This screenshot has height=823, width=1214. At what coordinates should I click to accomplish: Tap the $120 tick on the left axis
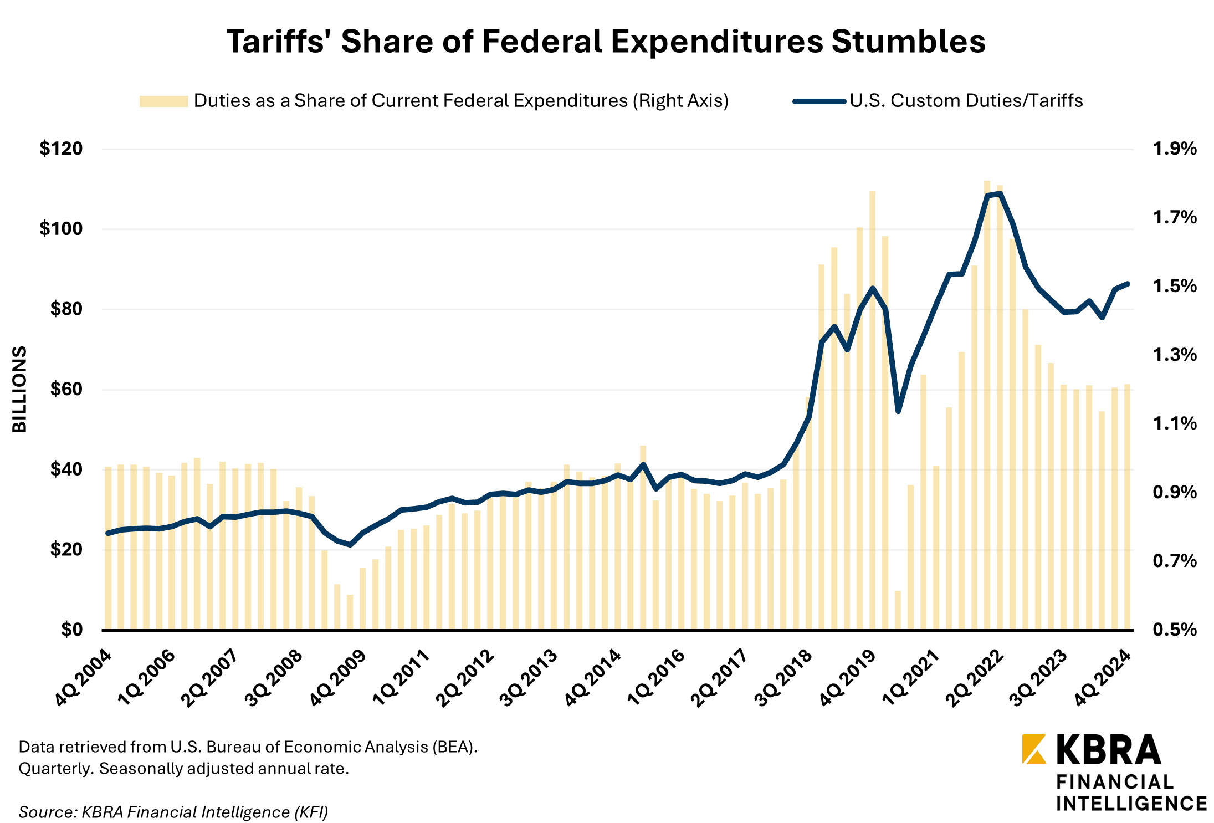(61, 149)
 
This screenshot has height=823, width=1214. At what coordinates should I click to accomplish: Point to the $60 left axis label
(66, 389)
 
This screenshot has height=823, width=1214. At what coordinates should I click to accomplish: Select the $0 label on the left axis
(71, 630)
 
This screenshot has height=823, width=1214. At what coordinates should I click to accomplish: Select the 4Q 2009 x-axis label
(339, 677)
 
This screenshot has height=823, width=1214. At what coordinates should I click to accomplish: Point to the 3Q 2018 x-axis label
(784, 677)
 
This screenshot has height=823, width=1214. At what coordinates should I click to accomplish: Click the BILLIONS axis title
(20, 389)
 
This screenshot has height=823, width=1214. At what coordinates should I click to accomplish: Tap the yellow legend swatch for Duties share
(163, 101)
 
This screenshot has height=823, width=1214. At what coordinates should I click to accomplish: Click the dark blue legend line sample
(819, 101)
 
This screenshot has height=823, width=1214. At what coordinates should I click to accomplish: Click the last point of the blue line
(1128, 284)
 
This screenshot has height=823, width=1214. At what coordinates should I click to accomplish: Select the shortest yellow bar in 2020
(898, 610)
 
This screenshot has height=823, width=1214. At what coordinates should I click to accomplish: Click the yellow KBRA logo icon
(1034, 749)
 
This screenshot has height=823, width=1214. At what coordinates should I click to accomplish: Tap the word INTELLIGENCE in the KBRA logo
(1131, 803)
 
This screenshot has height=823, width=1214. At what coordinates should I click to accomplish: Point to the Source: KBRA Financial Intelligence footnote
(173, 812)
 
